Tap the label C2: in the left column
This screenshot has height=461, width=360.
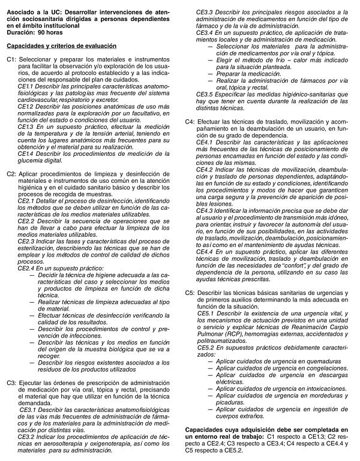pyautogui.click(x=12, y=174)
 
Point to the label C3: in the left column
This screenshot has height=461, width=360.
pyautogui.click(x=12, y=382)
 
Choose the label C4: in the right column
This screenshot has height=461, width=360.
pyautogui.click(x=190, y=121)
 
